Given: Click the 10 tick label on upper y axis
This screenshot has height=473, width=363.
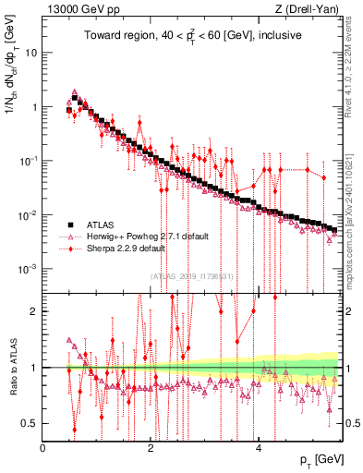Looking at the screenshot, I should pos(30,53).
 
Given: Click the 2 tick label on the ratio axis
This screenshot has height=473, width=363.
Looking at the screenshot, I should pos(34,310).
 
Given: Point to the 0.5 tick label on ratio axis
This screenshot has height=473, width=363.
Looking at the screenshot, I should pos(30,423).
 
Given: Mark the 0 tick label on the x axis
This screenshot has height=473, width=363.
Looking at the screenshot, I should pos(43,447).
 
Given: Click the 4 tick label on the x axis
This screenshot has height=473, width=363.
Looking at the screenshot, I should pos(259,447).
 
